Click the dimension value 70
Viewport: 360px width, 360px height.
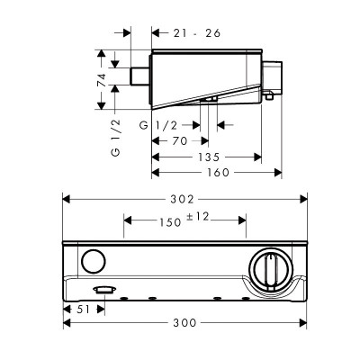[x=179, y=140]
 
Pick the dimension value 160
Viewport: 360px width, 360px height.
[x=216, y=173]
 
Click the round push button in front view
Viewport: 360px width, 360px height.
[x=91, y=263]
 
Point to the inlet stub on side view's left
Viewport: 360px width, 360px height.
[x=141, y=76]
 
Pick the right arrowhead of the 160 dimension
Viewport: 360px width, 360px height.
[x=279, y=173]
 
